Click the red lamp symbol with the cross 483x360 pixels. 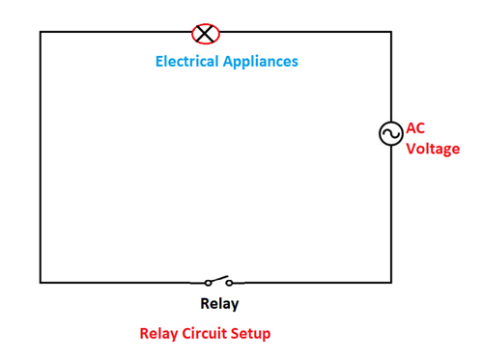(206, 33)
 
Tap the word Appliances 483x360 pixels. (264, 61)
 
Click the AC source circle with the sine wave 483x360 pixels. (391, 134)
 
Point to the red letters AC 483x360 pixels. (415, 127)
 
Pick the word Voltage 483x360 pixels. (433, 149)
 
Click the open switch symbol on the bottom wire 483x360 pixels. (218, 282)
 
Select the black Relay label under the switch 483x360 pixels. (219, 304)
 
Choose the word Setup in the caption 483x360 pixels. (252, 334)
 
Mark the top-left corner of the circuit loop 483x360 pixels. (41, 32)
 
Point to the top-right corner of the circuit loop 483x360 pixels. (391, 32)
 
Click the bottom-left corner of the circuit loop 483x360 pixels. (41, 282)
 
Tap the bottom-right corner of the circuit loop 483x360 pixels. (391, 282)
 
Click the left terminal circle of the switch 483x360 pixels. (207, 283)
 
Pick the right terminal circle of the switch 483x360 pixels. (230, 283)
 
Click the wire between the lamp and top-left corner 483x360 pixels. (116, 32)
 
